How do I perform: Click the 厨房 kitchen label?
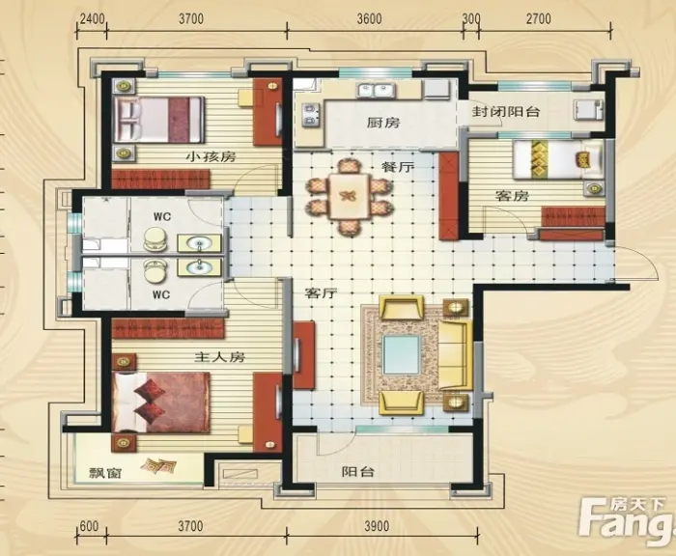[x=383, y=124]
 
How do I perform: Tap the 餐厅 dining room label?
[x=397, y=167]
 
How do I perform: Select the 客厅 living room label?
[x=321, y=293]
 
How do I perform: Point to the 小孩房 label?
[x=211, y=156]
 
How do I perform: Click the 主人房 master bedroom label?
[x=220, y=357]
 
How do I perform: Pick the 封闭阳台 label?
[x=506, y=112]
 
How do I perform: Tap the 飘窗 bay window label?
[x=105, y=473]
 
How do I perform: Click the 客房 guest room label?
[x=512, y=196]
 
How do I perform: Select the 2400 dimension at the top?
[x=93, y=19]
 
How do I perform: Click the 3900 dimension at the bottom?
[x=377, y=526]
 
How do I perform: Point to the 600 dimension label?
[x=89, y=526]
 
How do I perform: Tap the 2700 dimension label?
[x=539, y=19]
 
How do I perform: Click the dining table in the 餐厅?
[x=349, y=196]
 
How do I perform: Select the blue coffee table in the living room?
[x=402, y=355]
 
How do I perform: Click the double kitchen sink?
[x=374, y=91]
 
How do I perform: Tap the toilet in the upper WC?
[x=155, y=238]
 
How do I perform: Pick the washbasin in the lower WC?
[x=199, y=267]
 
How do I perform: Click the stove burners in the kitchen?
[x=310, y=116]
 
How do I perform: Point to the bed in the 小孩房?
[x=157, y=120]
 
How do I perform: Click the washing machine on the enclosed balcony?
[x=587, y=109]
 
